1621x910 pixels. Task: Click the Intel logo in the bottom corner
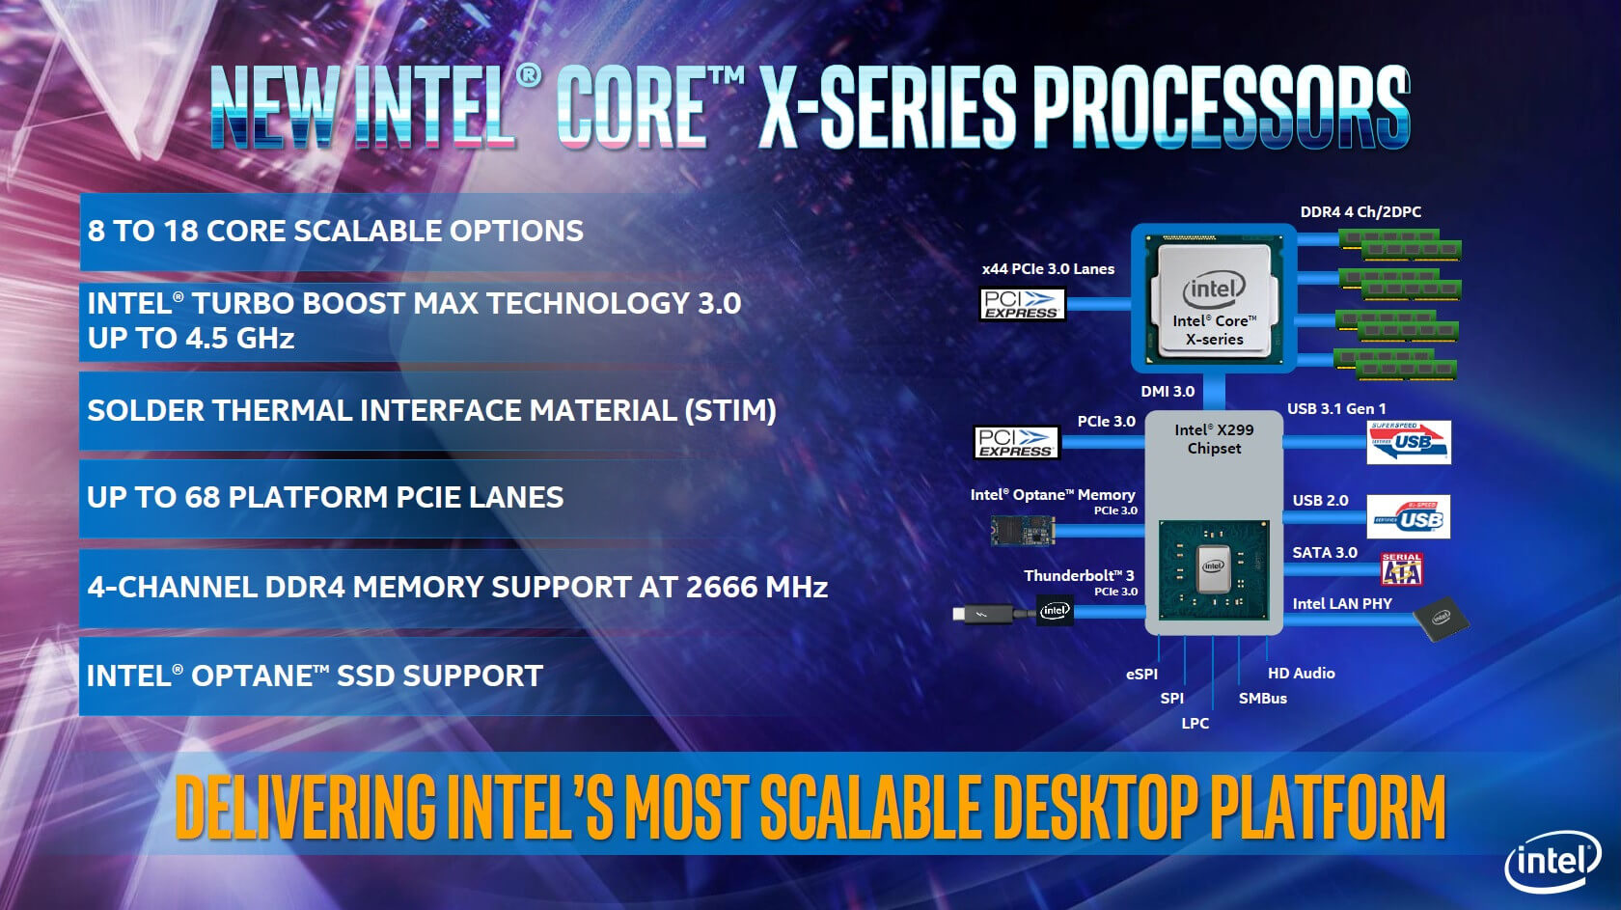[x=1552, y=862]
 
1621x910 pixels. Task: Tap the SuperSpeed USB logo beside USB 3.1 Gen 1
[x=1409, y=442]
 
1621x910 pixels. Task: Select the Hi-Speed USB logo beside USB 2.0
[x=1409, y=517]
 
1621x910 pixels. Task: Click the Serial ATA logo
[x=1402, y=569]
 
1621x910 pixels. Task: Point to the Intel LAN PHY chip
[x=1441, y=619]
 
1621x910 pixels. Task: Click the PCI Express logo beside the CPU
[x=1023, y=304]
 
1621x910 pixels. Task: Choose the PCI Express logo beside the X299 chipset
[x=1016, y=442]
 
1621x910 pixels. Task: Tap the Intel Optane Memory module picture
[x=1023, y=531]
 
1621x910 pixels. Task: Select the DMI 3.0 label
[x=1168, y=392]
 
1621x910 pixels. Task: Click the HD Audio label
[x=1301, y=674]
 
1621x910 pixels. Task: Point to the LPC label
[x=1195, y=723]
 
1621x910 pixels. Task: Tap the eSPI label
[x=1142, y=674]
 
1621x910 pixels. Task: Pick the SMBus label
[x=1263, y=699]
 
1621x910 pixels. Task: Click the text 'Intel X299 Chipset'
[x=1214, y=439]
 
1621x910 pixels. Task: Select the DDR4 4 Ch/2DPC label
[x=1360, y=212]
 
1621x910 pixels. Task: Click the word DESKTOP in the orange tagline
[x=1093, y=807]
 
